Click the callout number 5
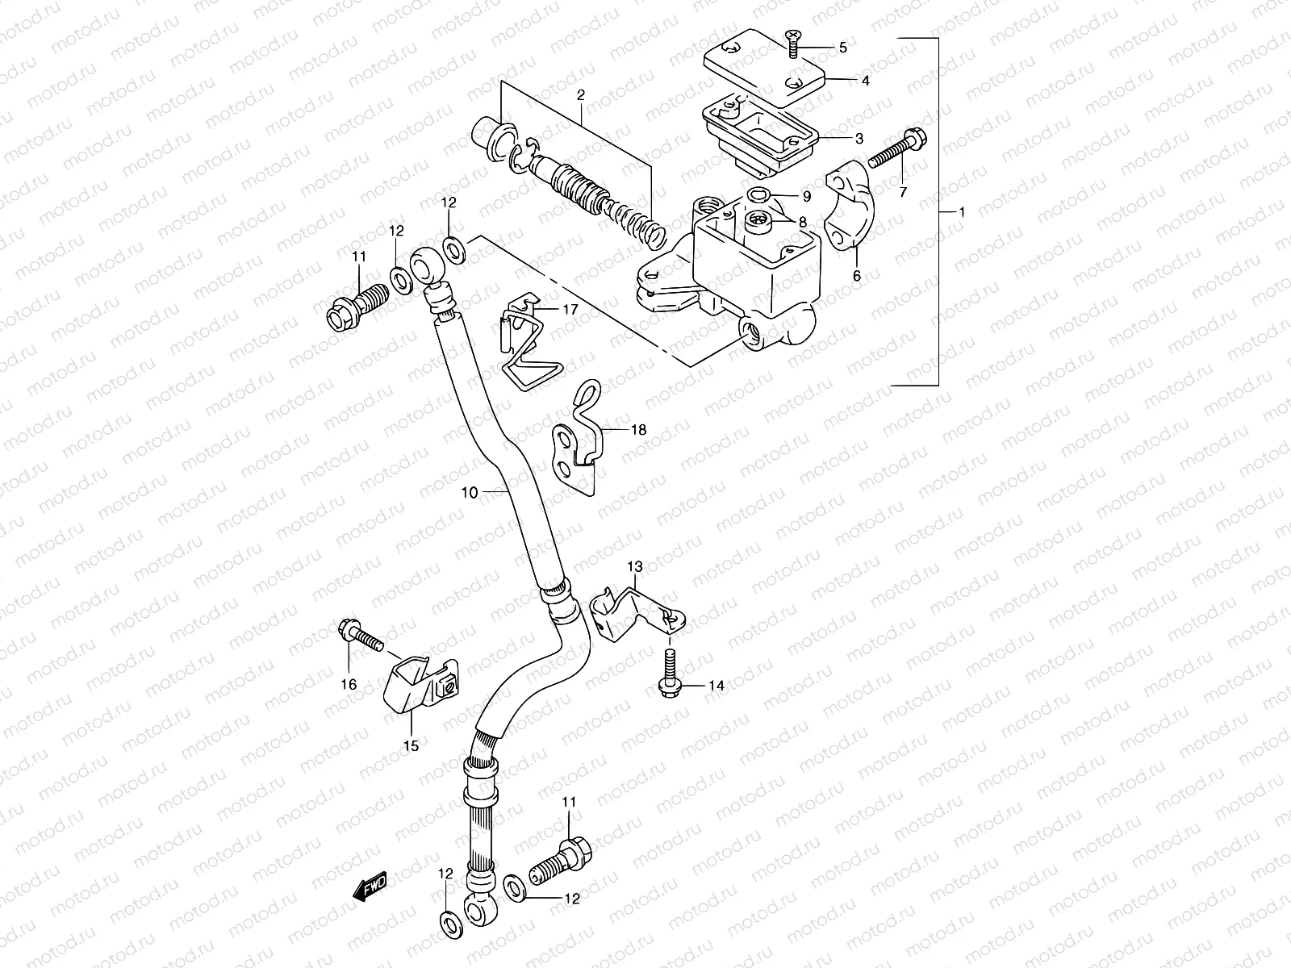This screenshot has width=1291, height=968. click(x=843, y=48)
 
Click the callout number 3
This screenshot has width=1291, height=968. click(x=859, y=138)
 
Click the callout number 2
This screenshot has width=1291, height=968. click(x=580, y=95)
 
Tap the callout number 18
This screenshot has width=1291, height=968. click(x=638, y=430)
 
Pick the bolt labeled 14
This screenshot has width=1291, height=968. click(x=670, y=674)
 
